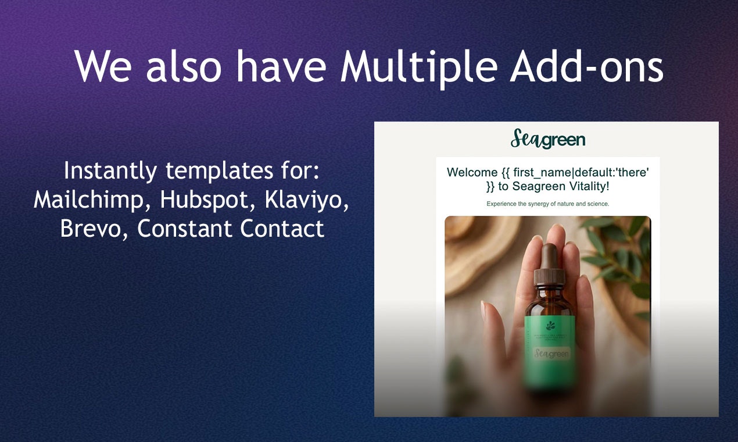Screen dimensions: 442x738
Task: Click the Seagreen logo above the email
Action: pyautogui.click(x=548, y=139)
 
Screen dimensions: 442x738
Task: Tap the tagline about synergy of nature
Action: pyautogui.click(x=547, y=204)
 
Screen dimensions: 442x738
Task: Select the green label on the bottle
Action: pyautogui.click(x=550, y=349)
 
